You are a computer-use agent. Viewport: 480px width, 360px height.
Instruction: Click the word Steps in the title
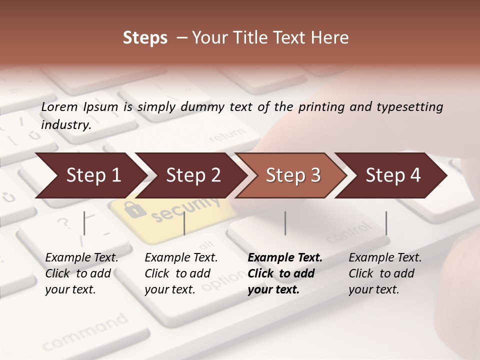pyautogui.click(x=145, y=38)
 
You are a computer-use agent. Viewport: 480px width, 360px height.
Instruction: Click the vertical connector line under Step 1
pyautogui.click(x=84, y=223)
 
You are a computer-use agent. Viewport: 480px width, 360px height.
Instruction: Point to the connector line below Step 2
pyautogui.click(x=184, y=223)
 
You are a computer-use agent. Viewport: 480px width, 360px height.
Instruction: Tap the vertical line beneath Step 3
pyautogui.click(x=285, y=223)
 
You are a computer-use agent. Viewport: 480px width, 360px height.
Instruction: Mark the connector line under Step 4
pyautogui.click(x=386, y=223)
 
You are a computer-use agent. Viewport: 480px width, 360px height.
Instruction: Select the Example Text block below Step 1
pyautogui.click(x=81, y=273)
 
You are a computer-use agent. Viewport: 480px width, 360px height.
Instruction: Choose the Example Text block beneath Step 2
pyautogui.click(x=181, y=273)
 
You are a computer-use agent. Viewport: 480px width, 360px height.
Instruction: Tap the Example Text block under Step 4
pyautogui.click(x=385, y=273)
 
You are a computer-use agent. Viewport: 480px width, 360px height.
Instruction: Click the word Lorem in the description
pyautogui.click(x=59, y=106)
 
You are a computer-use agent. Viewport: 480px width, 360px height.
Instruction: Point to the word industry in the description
pyautogui.click(x=65, y=124)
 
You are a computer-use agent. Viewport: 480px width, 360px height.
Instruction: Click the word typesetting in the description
pyautogui.click(x=409, y=107)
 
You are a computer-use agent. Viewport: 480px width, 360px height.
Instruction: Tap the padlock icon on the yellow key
pyautogui.click(x=134, y=209)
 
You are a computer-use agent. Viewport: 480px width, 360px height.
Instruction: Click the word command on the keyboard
pyautogui.click(x=85, y=332)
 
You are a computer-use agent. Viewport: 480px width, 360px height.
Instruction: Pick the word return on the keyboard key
pyautogui.click(x=228, y=136)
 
